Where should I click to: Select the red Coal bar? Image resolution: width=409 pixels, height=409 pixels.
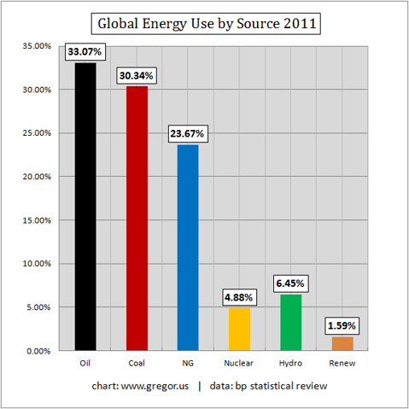pos(137,219)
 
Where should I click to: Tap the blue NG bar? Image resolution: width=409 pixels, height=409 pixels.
pos(188,248)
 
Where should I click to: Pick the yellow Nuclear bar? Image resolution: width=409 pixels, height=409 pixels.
pos(240,329)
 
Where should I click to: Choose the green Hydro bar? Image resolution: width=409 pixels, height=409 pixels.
pos(291,322)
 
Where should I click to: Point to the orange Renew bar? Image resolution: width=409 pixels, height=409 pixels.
pos(342,343)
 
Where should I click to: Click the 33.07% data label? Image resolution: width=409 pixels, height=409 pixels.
pos(85,52)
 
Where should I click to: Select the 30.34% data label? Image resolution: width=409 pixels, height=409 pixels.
pos(137,76)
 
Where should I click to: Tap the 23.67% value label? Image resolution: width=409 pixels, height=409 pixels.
pos(188,134)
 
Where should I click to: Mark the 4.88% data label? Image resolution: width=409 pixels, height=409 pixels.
pos(240,297)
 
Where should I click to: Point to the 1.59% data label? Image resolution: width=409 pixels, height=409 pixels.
pos(342,326)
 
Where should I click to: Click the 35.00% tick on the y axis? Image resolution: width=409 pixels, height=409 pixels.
pos(39,46)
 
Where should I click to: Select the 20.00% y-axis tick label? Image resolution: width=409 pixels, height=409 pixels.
pos(39,177)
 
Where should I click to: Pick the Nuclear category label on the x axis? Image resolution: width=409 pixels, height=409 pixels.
pos(240,363)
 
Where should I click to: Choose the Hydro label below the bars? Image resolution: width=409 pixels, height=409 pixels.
pos(291,363)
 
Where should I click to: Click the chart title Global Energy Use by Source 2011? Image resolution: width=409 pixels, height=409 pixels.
pos(204,23)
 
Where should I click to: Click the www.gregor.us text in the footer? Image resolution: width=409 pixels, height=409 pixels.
pos(154,386)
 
